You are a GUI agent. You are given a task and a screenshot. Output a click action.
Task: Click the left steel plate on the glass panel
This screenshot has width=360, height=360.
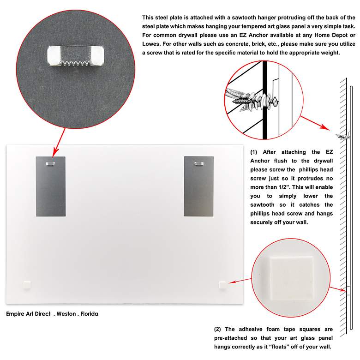tap(51, 186)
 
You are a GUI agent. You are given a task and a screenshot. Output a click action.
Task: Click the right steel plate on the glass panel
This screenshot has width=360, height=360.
tap(198, 186)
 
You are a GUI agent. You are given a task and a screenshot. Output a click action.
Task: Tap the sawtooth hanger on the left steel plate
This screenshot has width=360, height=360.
tap(50, 164)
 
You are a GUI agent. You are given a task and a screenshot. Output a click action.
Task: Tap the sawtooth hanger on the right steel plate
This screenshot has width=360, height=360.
tap(199, 164)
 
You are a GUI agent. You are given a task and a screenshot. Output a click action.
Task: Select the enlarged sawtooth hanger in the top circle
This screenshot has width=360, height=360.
tap(76, 56)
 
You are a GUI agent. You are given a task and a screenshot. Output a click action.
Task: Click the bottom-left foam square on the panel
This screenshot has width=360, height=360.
tap(27, 285)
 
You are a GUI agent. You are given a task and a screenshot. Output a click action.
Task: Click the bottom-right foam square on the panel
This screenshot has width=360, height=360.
tap(223, 285)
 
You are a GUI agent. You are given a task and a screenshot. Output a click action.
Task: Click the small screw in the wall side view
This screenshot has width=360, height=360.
tap(343, 136)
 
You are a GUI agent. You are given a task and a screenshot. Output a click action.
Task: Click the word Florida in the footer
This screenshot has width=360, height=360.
tap(90, 314)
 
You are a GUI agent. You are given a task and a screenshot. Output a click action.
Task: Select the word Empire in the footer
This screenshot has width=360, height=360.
tap(16, 314)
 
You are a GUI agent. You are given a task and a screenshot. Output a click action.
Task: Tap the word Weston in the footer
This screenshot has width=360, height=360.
tap(66, 314)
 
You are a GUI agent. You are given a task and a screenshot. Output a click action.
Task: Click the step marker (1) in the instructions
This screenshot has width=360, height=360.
tap(254, 152)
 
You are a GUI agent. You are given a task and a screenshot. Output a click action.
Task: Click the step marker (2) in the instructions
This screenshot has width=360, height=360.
tap(218, 330)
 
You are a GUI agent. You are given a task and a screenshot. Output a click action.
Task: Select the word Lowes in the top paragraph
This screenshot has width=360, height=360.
tap(151, 44)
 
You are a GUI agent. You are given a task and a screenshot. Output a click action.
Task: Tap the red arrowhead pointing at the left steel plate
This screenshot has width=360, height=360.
tap(55, 152)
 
